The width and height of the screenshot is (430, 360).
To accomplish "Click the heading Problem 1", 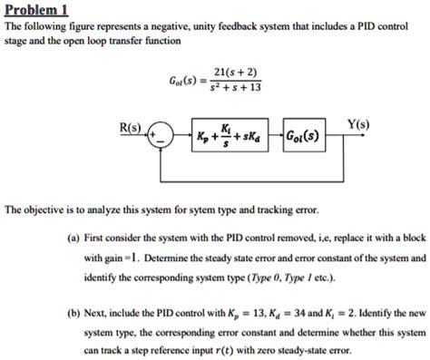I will pos(37,10).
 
